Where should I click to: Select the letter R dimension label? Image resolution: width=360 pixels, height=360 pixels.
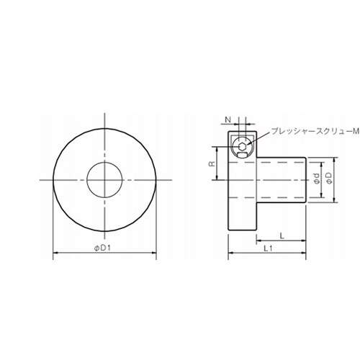tap(211, 164)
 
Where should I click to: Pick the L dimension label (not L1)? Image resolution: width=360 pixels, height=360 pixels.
tap(281, 235)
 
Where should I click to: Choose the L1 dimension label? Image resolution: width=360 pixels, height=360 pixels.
tap(267, 248)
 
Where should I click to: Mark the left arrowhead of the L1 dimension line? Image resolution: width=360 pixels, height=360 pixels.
tap(230, 253)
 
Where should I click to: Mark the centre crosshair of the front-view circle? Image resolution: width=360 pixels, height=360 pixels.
tap(105, 179)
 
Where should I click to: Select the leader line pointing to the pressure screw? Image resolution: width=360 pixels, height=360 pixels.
tap(259, 138)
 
